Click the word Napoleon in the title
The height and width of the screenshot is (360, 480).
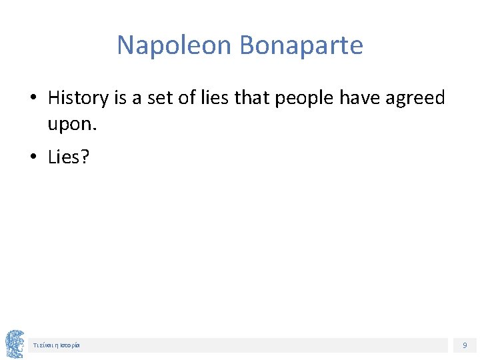point(175,45)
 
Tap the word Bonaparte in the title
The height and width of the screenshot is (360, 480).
point(301,45)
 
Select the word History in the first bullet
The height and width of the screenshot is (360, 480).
point(78,98)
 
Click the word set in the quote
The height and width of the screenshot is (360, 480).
point(161,98)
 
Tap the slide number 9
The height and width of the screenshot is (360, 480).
point(465,345)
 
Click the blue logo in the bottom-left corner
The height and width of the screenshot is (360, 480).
point(15,344)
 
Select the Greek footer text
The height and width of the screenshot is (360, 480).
point(57,345)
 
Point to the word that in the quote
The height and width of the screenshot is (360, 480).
point(251,98)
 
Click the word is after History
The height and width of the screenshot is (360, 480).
point(120,98)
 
